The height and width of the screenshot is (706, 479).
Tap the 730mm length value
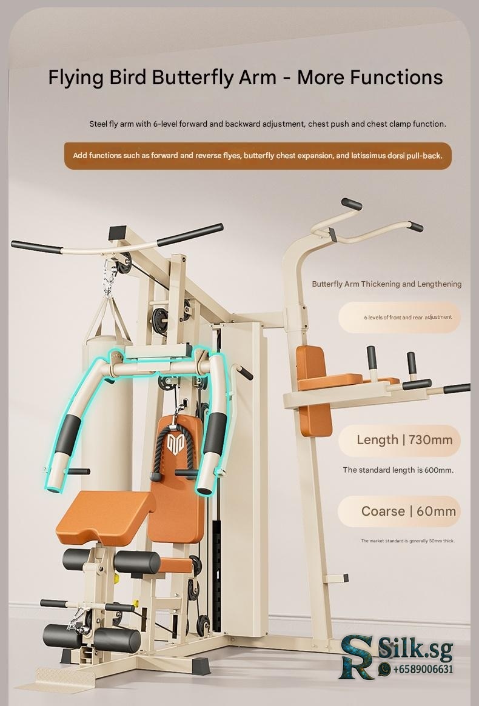430,440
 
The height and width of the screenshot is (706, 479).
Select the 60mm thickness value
436,511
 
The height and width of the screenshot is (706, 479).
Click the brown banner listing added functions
258,156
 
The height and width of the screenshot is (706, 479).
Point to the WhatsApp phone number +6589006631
423,669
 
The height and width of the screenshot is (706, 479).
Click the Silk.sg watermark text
415,650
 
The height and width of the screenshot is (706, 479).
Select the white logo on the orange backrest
174,443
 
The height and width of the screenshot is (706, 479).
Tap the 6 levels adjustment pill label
399,318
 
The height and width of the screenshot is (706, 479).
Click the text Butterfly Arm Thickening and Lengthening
387,284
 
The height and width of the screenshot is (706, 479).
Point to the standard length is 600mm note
398,470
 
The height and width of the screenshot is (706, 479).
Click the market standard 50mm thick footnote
407,541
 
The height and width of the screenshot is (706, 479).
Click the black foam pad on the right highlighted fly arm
215,433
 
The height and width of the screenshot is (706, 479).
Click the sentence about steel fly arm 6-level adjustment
267,124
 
